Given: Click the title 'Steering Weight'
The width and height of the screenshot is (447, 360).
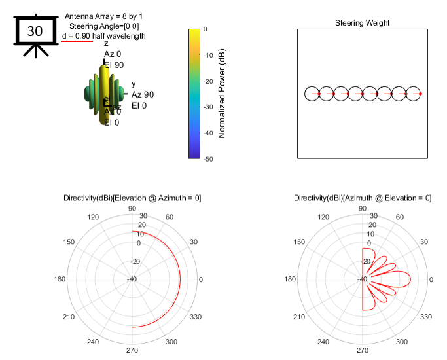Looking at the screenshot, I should click(362, 23).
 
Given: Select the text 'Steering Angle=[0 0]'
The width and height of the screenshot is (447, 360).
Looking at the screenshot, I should click(104, 26).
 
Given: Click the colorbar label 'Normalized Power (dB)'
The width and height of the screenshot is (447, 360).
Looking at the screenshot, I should click(222, 93).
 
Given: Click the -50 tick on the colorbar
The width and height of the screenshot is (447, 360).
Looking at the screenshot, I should click(206, 158).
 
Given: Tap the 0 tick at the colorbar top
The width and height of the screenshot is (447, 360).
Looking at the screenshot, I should click(206, 29).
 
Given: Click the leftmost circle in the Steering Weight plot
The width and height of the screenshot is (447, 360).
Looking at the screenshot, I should click(313, 94).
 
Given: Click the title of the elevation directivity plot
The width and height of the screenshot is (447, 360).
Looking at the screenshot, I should click(132, 198).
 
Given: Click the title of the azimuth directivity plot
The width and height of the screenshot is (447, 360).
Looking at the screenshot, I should click(362, 198).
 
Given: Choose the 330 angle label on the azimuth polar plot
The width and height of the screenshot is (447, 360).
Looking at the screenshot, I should click(427, 317).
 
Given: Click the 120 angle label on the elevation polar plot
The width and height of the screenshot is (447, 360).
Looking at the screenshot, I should click(93, 217).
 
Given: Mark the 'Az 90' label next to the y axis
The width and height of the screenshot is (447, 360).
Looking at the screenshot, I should click(143, 95).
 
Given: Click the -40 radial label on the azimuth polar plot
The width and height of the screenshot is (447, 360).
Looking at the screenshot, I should click(362, 279).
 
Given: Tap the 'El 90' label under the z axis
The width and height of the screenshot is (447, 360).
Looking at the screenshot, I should click(114, 65).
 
